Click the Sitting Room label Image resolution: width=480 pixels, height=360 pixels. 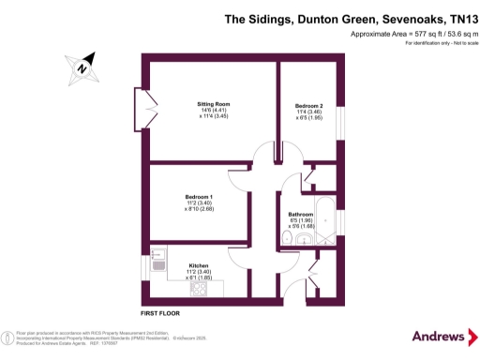click(214, 104)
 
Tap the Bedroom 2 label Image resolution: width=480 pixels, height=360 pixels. click(309, 105)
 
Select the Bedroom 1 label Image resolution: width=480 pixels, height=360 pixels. click(199, 195)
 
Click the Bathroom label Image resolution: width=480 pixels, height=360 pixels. click(302, 215)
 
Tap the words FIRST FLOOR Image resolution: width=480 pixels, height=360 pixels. click(160, 311)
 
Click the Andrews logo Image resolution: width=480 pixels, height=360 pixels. click(440, 336)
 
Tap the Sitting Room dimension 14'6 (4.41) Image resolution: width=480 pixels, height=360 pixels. click(214, 111)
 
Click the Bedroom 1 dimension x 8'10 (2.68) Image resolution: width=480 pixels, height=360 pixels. click(199, 208)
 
